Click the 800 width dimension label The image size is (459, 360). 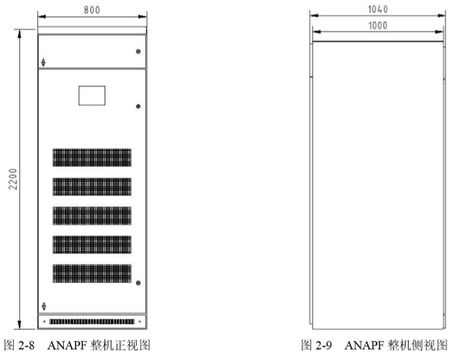click(92, 9)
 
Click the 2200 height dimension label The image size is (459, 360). click(13, 178)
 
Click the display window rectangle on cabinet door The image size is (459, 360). click(92, 95)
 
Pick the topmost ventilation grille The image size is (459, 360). click(92, 157)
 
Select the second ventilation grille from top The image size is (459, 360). click(92, 187)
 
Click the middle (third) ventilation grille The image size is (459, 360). click(92, 216)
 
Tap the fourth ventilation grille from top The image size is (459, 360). click(92, 245)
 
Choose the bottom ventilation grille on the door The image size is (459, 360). click(92, 273)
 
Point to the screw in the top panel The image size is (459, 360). click(138, 52)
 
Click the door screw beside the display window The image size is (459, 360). click(138, 107)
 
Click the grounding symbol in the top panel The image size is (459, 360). click(44, 62)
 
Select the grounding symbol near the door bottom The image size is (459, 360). click(44, 306)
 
